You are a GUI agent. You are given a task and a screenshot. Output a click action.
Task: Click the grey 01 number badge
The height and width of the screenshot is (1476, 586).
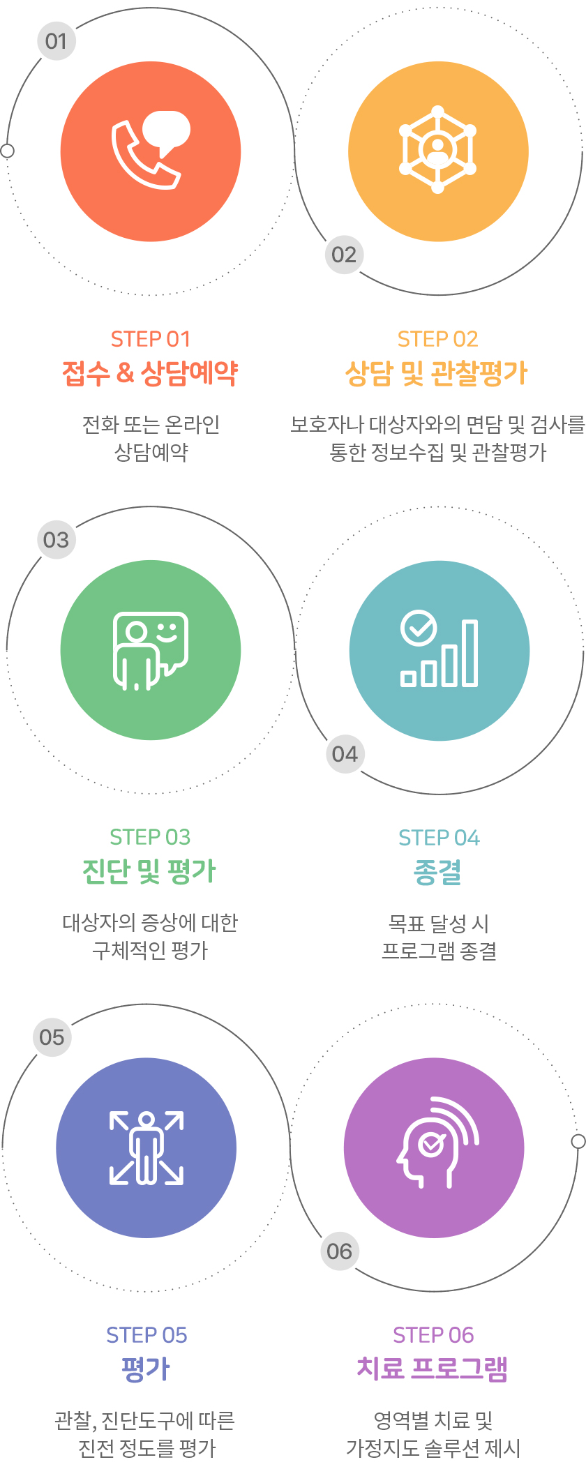(x=56, y=40)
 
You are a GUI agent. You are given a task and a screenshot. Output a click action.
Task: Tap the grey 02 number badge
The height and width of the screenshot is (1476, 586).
(x=344, y=255)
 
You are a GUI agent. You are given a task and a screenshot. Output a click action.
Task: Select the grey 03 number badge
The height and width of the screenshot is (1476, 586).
(x=56, y=539)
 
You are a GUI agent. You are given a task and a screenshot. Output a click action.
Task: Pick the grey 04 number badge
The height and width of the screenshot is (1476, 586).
(x=345, y=754)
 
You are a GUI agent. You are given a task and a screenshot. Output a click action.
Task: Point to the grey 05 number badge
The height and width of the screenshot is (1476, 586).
(x=52, y=1037)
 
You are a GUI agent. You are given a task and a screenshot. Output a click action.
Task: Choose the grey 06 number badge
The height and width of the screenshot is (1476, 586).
(x=340, y=1251)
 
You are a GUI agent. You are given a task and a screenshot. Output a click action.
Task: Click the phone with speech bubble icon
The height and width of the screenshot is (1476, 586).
(x=151, y=150)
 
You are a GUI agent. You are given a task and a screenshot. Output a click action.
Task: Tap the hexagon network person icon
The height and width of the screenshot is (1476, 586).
(x=438, y=149)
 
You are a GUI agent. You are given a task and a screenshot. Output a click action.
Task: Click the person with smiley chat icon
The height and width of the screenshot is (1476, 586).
(x=151, y=651)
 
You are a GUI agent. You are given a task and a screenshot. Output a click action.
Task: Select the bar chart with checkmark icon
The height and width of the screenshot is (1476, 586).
(x=439, y=649)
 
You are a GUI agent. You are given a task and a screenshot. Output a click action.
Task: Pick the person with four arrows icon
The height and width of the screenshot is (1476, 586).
(x=146, y=1147)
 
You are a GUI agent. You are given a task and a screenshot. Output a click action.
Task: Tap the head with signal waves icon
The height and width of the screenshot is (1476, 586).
(x=438, y=1142)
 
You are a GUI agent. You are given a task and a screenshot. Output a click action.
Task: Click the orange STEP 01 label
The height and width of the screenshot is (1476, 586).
(x=151, y=339)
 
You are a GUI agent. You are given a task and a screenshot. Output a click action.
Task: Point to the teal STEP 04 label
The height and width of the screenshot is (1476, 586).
(x=439, y=837)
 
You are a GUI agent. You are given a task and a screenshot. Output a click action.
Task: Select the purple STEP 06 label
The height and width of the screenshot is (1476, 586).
(x=433, y=1335)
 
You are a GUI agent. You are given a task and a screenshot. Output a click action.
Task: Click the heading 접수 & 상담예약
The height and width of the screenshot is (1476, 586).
(x=151, y=373)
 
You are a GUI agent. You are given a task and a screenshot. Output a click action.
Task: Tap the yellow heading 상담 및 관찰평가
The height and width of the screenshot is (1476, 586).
(x=437, y=373)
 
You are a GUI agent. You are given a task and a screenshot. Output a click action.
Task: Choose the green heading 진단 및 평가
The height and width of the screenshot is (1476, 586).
(x=150, y=871)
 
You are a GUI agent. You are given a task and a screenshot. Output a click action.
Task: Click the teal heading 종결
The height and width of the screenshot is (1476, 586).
(x=438, y=872)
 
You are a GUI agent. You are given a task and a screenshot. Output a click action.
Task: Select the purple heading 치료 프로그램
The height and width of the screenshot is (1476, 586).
(x=433, y=1369)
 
